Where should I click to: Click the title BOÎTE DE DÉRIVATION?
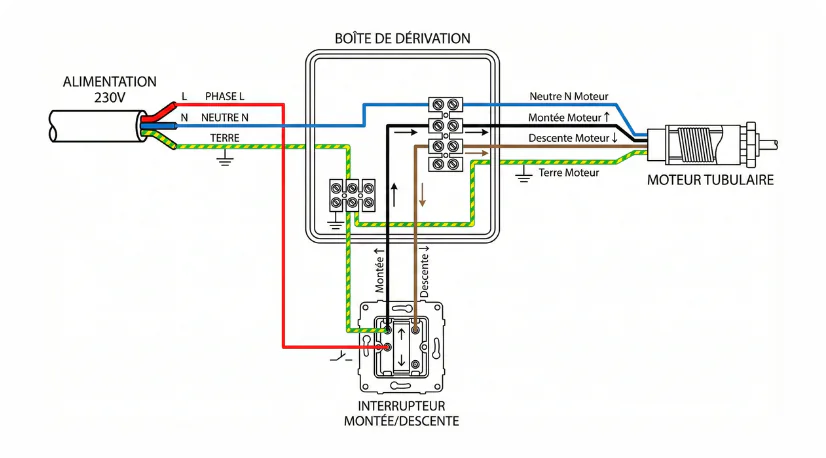coord(402,38)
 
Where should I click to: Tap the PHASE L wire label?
coord(225,96)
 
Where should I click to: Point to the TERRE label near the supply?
coord(224,137)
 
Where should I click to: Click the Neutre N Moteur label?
coord(567,97)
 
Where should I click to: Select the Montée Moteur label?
coord(568,118)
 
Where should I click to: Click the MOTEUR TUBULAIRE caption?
coord(709,181)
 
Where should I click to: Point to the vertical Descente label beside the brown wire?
coord(424,272)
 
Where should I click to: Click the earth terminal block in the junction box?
coord(353,195)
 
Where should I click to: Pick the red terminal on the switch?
coord(386,347)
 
